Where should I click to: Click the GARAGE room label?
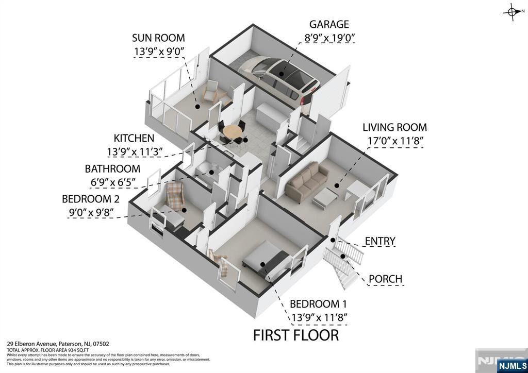coord(329,24)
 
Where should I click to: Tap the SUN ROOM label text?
coord(158,38)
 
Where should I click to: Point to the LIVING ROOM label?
coord(394,127)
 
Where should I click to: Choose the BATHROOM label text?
coord(112,168)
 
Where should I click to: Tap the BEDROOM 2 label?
coord(94,199)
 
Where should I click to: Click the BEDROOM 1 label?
coord(318,303)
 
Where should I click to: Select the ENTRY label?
coord(380,241)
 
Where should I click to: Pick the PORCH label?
coord(385,279)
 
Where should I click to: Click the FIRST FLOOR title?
coord(296,335)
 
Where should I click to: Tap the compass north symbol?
coord(513,11)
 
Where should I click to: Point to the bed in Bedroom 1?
coord(266,260)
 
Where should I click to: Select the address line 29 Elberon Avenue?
coord(58,344)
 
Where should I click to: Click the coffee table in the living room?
coord(325,196)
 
